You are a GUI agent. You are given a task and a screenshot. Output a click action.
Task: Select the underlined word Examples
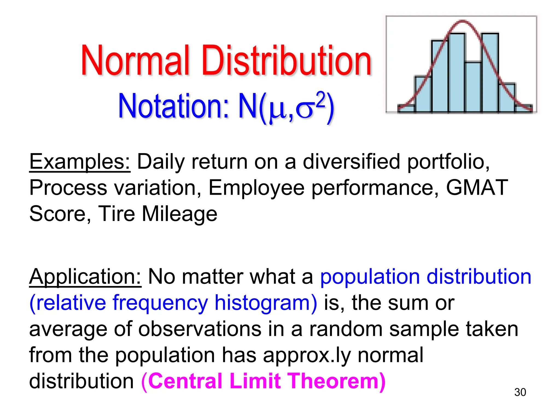(80, 162)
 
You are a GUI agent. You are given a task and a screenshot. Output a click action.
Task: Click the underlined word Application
(85, 277)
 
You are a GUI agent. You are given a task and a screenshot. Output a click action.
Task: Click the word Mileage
(179, 214)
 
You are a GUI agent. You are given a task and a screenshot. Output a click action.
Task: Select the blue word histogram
(266, 303)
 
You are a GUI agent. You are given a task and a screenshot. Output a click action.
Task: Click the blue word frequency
(160, 303)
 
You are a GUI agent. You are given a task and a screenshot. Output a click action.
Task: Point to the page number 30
(520, 392)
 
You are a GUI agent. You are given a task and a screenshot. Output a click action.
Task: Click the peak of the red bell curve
(462, 21)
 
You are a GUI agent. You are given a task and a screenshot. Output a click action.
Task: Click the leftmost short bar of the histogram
(406, 108)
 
